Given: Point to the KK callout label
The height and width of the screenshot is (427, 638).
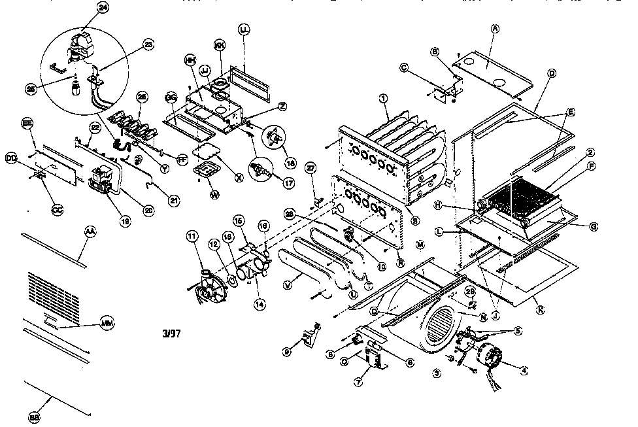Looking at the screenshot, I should point(220,45).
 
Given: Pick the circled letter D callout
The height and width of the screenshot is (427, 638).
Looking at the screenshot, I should point(552,73).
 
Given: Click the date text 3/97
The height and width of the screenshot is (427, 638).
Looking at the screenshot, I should point(171,333).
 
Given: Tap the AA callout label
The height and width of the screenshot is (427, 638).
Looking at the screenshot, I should point(89,231).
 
